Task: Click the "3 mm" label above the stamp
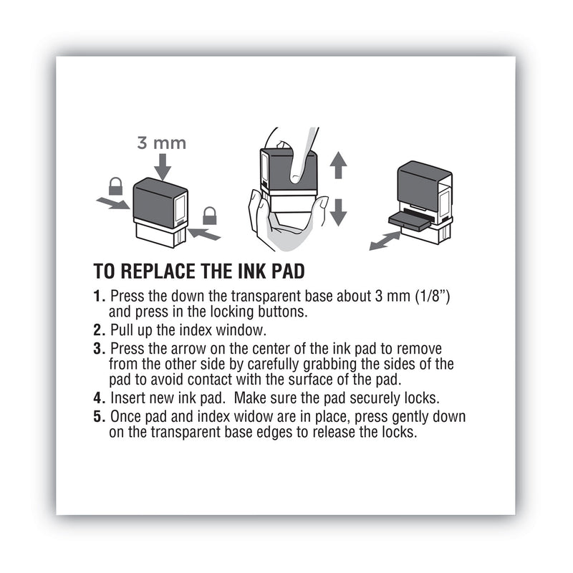[161, 143]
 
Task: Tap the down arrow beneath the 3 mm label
[162, 166]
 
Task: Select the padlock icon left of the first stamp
[115, 187]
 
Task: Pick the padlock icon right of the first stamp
[210, 214]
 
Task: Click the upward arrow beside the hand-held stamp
[338, 166]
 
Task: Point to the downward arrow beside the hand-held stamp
[338, 211]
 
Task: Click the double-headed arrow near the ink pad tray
[385, 240]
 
